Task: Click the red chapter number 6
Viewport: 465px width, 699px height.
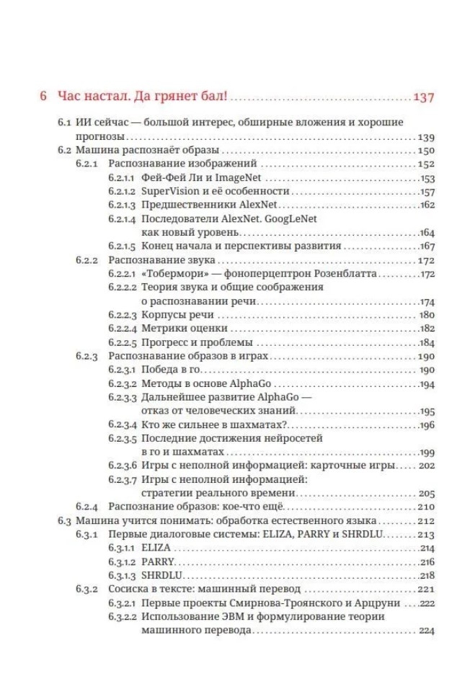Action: (44, 97)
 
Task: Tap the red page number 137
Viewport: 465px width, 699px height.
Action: (423, 97)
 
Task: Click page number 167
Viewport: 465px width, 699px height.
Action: (426, 246)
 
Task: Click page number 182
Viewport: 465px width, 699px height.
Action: (426, 329)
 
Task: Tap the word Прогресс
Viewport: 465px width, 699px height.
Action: (167, 342)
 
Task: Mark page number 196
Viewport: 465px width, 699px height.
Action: (426, 424)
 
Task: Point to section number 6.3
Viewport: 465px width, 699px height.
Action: (65, 520)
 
